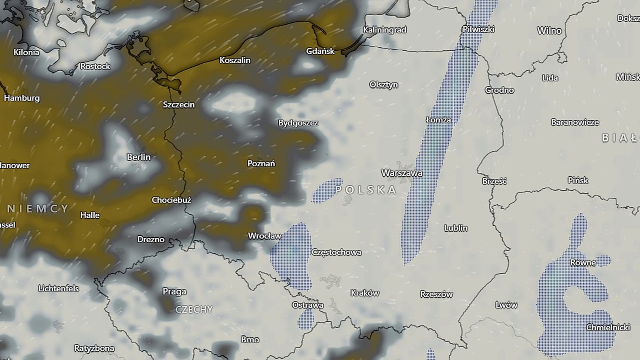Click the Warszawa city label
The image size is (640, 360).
pyautogui.click(x=401, y=173)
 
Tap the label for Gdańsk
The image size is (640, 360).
pyautogui.click(x=320, y=51)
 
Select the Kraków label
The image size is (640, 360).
pyautogui.click(x=365, y=293)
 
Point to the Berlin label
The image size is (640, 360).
pyautogui.click(x=139, y=157)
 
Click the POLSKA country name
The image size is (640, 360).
pyautogui.click(x=366, y=190)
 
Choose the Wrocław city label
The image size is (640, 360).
pyautogui.click(x=265, y=236)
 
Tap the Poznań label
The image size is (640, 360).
pyautogui.click(x=261, y=163)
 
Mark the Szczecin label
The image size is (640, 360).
pyautogui.click(x=179, y=105)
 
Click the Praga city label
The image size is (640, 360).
pyautogui.click(x=175, y=291)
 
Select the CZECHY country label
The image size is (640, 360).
pyautogui.click(x=194, y=309)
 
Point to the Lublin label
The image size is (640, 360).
pyautogui.click(x=456, y=228)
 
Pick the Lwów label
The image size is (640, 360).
pyautogui.click(x=506, y=305)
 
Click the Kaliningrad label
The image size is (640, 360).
pyautogui.click(x=385, y=30)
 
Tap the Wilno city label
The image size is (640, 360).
pyautogui.click(x=550, y=31)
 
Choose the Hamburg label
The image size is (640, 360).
pyautogui.click(x=22, y=98)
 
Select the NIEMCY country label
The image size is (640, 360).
pyautogui.click(x=38, y=209)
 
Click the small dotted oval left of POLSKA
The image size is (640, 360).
pyautogui.click(x=327, y=190)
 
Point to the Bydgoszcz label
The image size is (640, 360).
pyautogui.click(x=298, y=123)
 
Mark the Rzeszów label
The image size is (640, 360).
pyautogui.click(x=436, y=294)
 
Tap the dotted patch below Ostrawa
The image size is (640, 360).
pyautogui.click(x=305, y=319)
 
